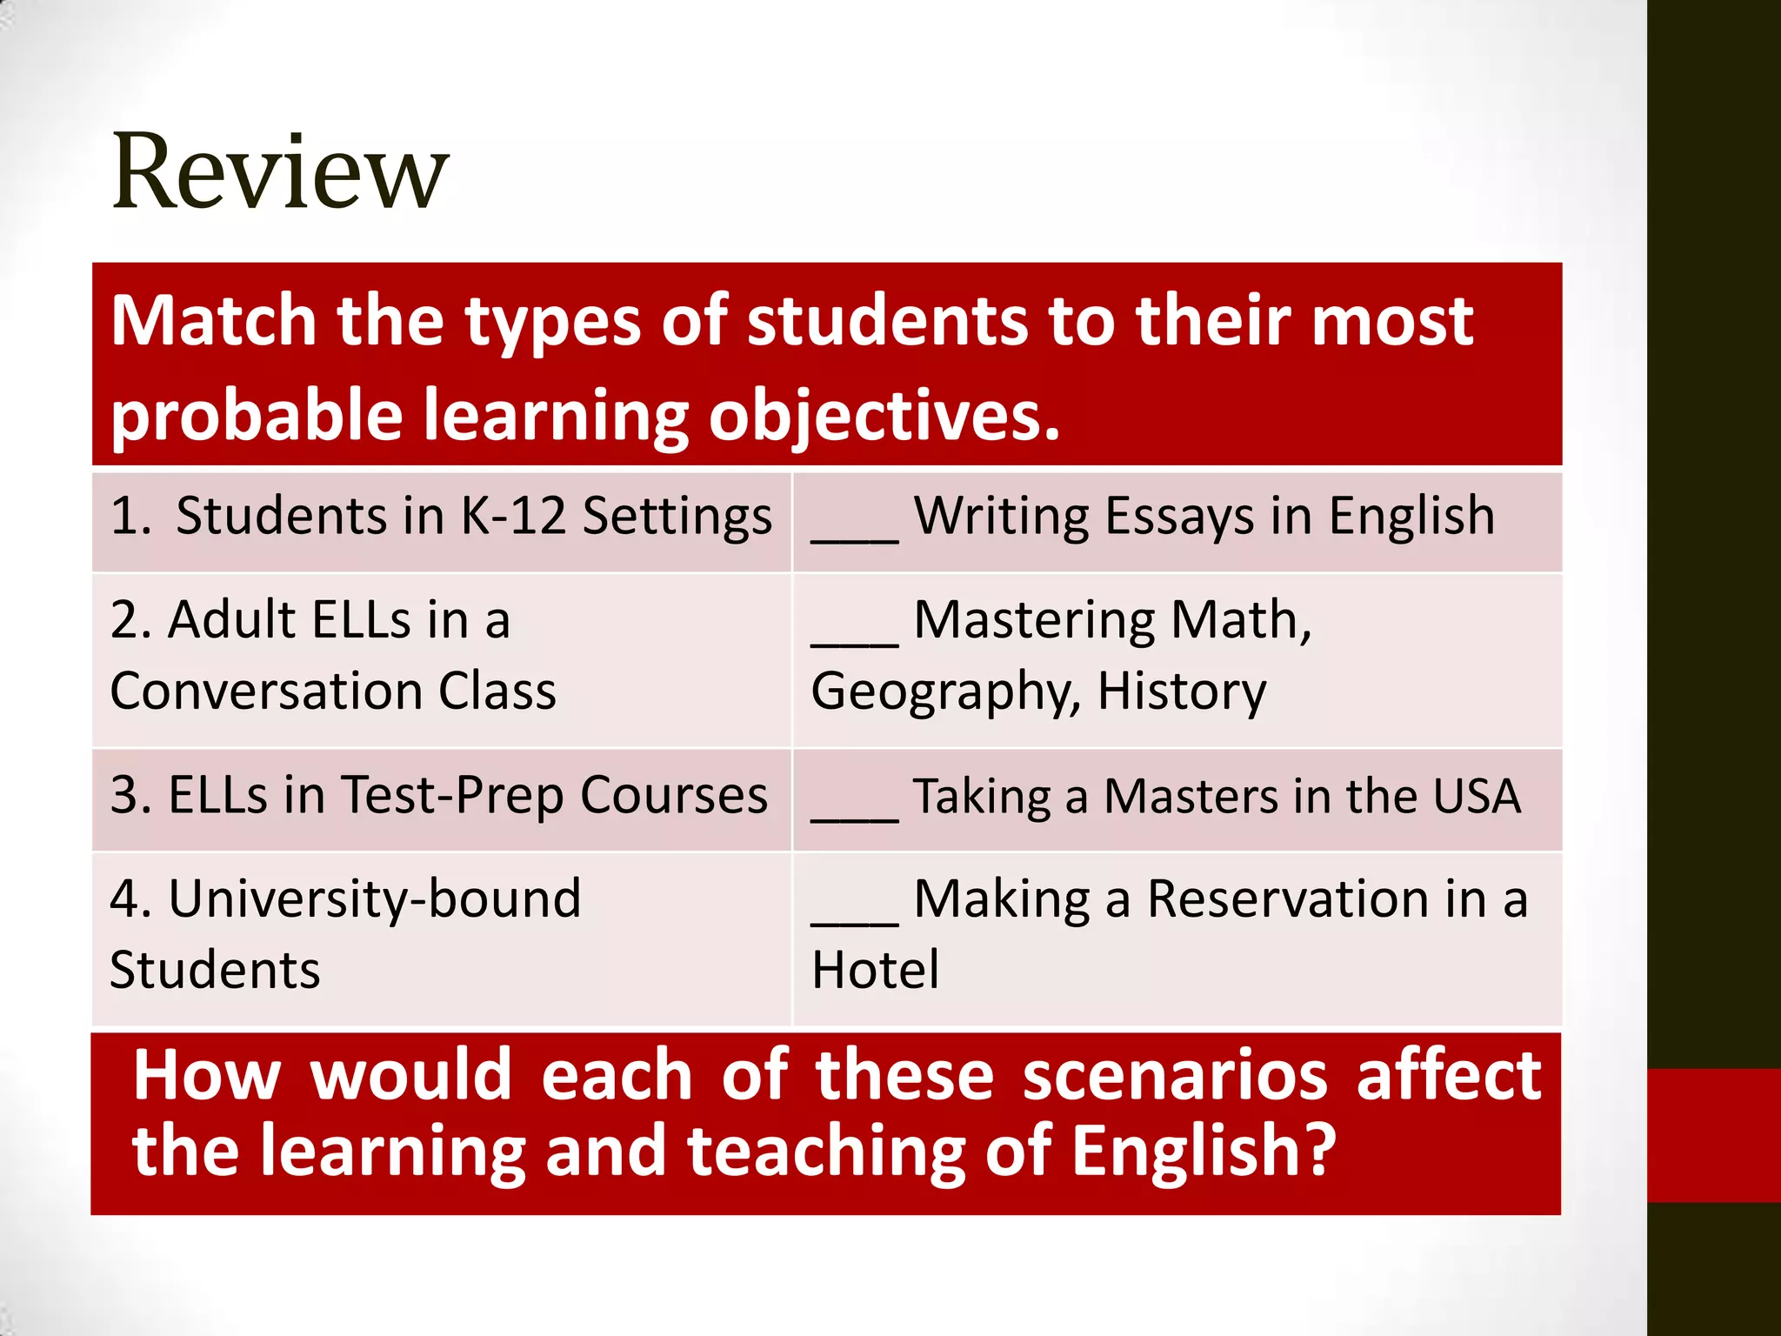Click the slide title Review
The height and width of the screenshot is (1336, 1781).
pyautogui.click(x=280, y=171)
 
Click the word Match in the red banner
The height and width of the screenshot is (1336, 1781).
pyautogui.click(x=213, y=321)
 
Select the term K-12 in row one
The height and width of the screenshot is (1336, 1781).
pyautogui.click(x=512, y=516)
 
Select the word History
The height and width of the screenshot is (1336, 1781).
pyautogui.click(x=1182, y=691)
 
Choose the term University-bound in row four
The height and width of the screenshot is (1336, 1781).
pyautogui.click(x=375, y=898)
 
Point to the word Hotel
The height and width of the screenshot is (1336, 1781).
pyautogui.click(x=875, y=970)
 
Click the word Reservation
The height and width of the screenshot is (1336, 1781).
pyautogui.click(x=1288, y=898)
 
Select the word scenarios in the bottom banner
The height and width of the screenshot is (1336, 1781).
pyautogui.click(x=1175, y=1077)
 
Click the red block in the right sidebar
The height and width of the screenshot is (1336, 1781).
pyautogui.click(x=1714, y=1135)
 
